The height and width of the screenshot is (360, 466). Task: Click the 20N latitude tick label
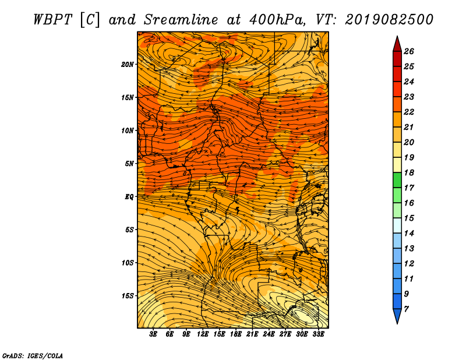pos(127,65)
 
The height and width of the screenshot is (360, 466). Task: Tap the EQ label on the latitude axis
pos(129,197)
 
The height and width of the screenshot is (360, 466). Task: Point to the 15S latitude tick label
pos(127,296)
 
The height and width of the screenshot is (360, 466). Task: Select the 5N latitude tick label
pos(129,164)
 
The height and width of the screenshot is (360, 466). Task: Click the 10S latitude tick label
pos(127,263)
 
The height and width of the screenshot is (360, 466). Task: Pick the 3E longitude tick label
pos(153,334)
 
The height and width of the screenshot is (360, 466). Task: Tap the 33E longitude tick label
pos(318,334)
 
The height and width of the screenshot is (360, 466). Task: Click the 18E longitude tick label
pos(236,334)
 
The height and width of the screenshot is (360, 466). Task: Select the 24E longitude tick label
pos(269,334)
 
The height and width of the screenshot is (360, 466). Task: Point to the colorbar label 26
pos(409,51)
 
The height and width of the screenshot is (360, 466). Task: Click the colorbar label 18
pos(409,172)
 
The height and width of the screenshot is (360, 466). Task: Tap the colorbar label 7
pos(406,309)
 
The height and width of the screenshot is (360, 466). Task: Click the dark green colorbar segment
pos(397,180)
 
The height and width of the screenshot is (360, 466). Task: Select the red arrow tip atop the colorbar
pos(397,36)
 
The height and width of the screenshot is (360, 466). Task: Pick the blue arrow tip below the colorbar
pos(397,323)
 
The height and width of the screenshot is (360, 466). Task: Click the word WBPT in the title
pos(53,20)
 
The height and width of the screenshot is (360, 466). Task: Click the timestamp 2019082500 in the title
pos(389,20)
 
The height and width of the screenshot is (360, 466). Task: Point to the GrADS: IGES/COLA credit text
pos(33,356)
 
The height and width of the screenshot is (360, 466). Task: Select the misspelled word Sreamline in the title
pos(181,20)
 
